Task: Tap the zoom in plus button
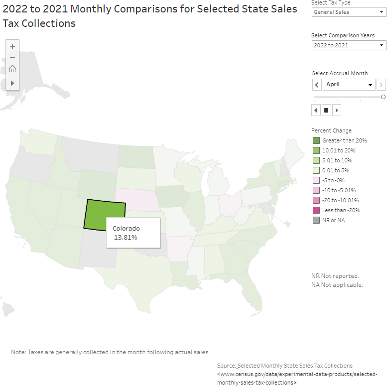pos(12,47)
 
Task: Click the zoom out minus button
pos(12,58)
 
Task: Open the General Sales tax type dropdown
pos(349,12)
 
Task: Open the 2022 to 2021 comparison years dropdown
pos(349,45)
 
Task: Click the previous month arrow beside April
pos(317,85)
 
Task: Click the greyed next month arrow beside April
pos(381,85)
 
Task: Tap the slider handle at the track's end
pos(383,97)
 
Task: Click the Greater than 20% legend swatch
pos(316,140)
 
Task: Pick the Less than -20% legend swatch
pos(316,210)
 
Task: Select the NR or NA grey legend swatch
pos(316,220)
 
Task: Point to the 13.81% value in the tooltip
pos(126,238)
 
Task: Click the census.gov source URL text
pos(297,374)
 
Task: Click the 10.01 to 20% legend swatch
pos(316,150)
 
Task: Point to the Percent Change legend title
pos(331,130)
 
